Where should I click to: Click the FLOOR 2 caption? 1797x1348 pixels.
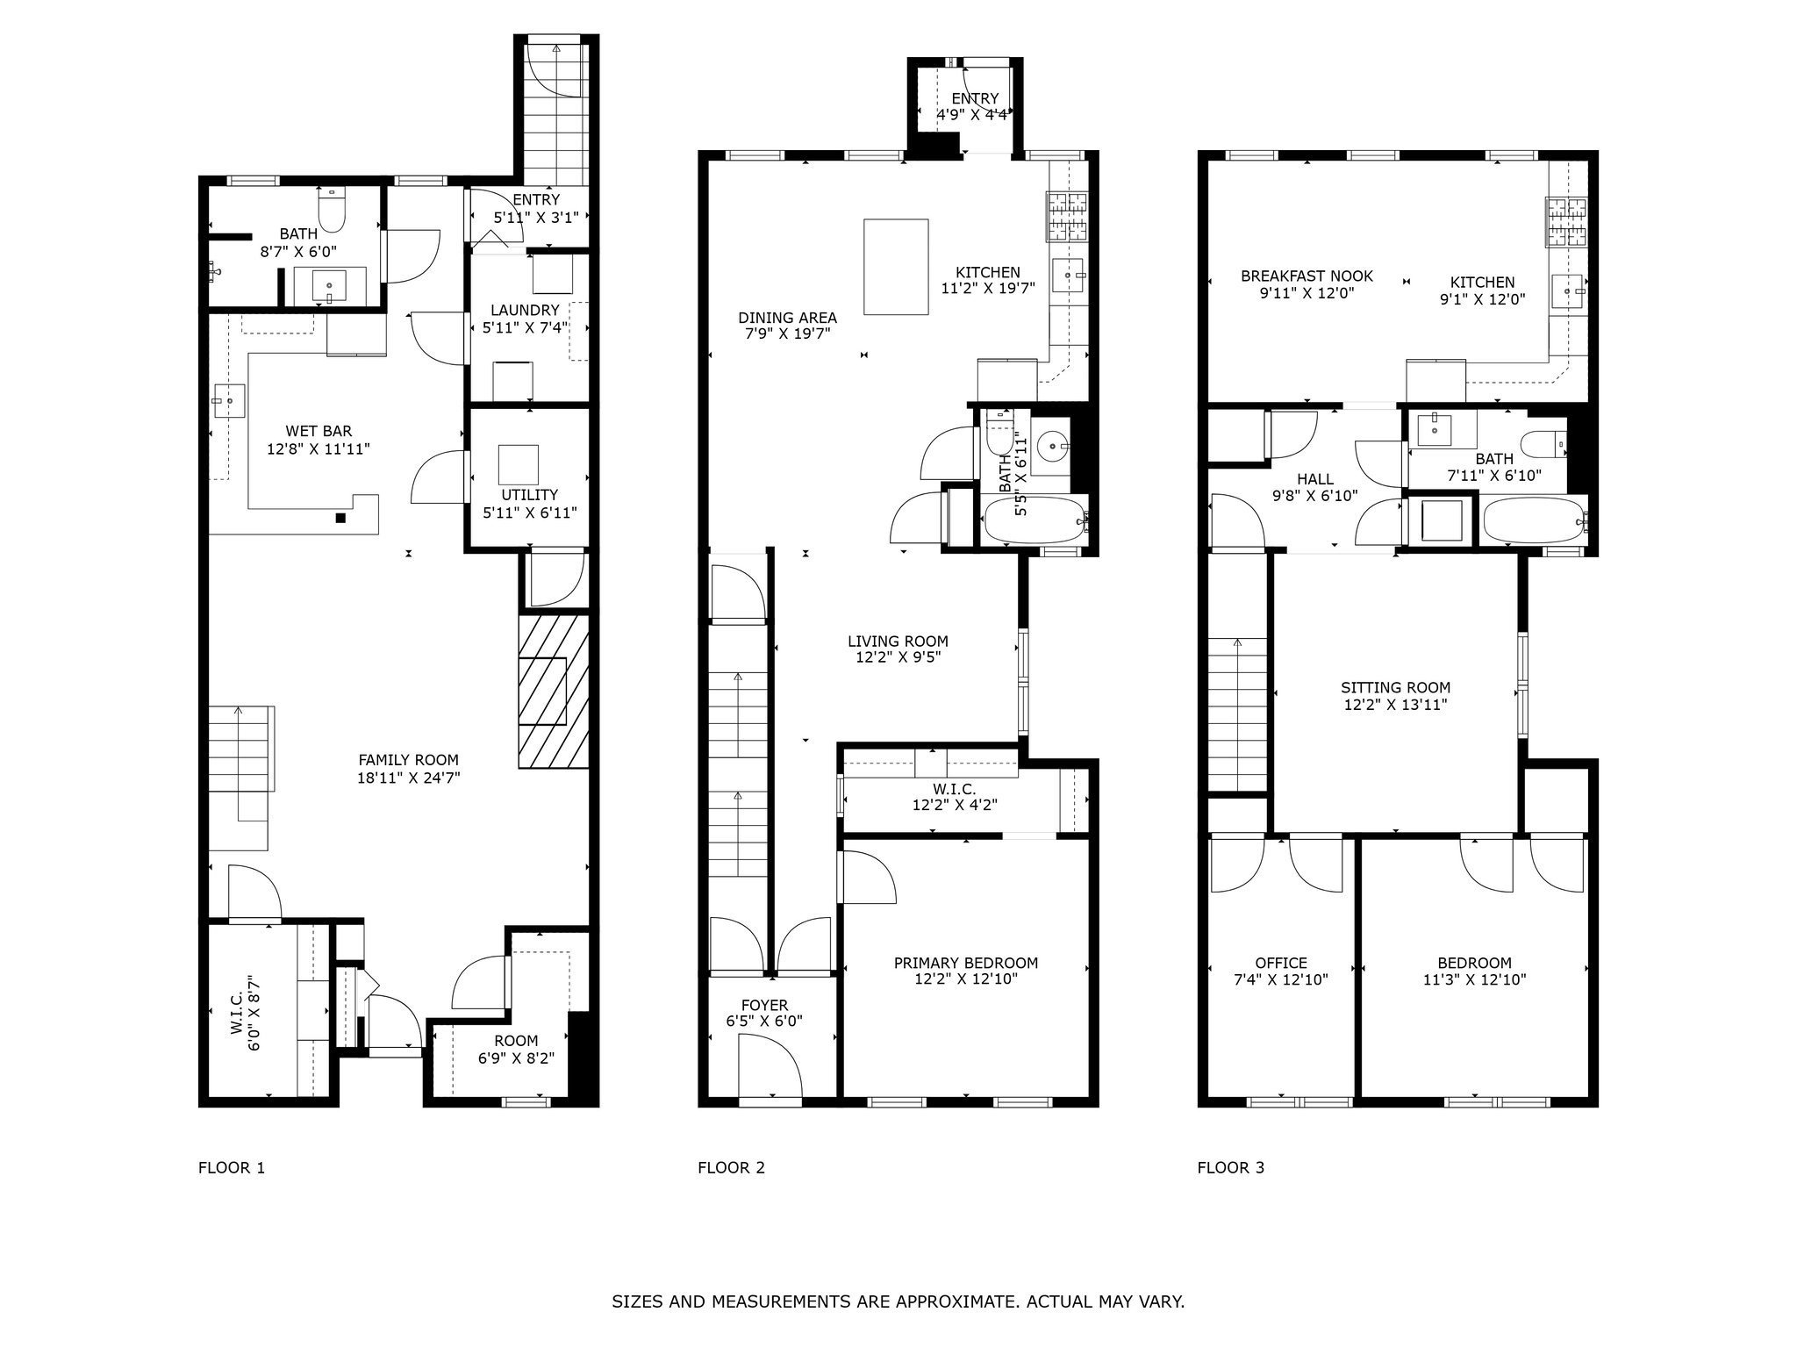point(731,1167)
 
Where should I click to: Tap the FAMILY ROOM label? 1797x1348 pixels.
point(408,760)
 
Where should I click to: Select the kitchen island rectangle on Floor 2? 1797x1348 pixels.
point(896,267)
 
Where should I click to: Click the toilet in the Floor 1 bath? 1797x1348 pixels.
point(333,207)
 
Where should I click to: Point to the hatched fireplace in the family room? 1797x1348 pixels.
point(553,692)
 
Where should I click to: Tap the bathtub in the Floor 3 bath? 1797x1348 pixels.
point(1534,522)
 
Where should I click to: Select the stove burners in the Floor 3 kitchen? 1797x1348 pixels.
point(1566,221)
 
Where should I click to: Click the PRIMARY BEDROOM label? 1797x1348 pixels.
point(965,963)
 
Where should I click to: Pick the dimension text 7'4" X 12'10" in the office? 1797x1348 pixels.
point(1281,979)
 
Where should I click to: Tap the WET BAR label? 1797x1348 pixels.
point(319,431)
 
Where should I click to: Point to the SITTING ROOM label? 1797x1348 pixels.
point(1395,688)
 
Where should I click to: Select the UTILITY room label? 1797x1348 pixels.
point(530,495)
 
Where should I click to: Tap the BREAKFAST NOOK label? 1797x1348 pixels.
point(1307,276)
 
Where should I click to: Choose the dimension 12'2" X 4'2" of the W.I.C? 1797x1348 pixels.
point(954,804)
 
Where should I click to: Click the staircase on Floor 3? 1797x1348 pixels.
point(1237,715)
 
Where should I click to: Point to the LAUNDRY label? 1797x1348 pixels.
point(525,310)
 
